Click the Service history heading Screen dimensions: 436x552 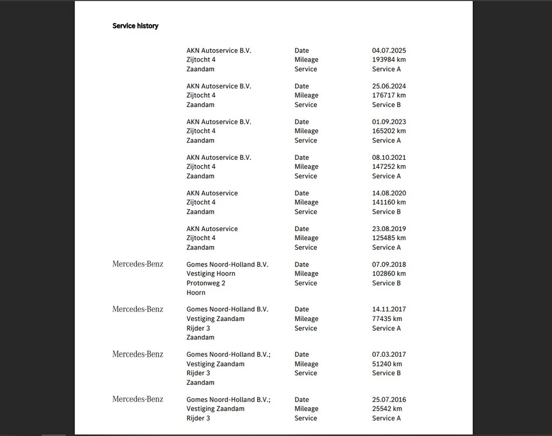[x=135, y=26]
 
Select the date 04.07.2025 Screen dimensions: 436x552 [x=389, y=51]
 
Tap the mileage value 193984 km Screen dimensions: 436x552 [x=389, y=60]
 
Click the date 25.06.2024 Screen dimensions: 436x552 [x=389, y=86]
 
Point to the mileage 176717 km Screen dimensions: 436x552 [x=389, y=96]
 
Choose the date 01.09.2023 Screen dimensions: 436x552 [x=389, y=122]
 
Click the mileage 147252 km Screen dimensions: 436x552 [x=389, y=167]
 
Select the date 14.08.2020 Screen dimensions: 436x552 [x=389, y=193]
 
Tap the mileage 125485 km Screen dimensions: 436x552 [x=389, y=238]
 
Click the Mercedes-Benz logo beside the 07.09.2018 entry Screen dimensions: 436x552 [x=137, y=264]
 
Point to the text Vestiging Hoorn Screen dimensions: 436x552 [x=211, y=274]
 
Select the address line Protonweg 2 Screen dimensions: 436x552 [x=206, y=283]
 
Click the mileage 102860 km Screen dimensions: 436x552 [x=389, y=274]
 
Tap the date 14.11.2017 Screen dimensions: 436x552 [x=389, y=309]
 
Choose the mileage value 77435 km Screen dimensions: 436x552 [x=387, y=319]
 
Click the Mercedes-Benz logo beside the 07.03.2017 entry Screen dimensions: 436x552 [x=137, y=354]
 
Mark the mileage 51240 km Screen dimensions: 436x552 [x=387, y=364]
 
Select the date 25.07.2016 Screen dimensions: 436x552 [x=389, y=400]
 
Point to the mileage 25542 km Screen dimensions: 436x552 [x=387, y=409]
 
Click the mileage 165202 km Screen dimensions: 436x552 [x=389, y=131]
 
